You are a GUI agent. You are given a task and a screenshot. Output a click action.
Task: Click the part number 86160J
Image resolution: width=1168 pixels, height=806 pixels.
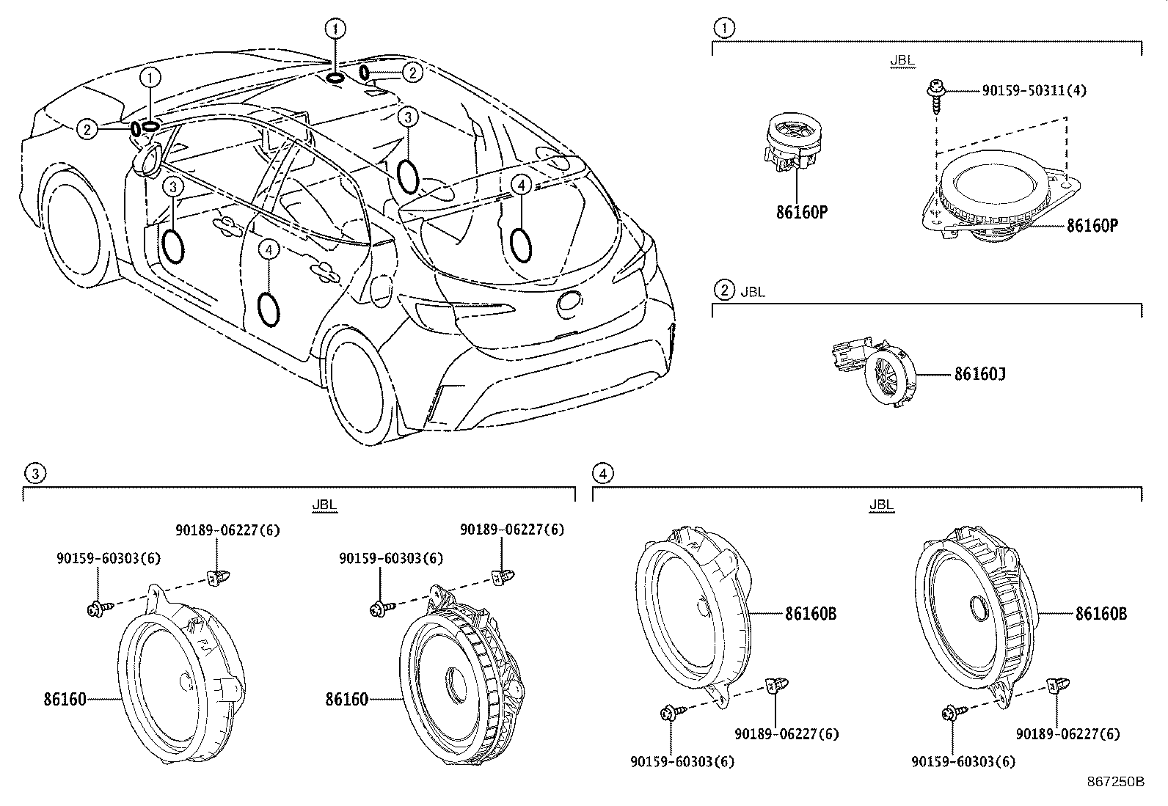[x=979, y=375]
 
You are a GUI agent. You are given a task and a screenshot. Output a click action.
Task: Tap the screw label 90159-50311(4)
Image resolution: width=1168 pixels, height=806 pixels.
[x=1034, y=91]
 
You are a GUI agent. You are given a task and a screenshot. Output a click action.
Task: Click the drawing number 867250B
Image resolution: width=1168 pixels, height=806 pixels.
[x=1115, y=782]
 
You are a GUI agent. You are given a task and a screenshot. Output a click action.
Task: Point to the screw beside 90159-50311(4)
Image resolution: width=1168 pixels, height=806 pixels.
[x=933, y=94]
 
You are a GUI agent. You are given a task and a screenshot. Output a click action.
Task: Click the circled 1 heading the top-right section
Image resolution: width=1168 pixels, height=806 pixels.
[x=724, y=28]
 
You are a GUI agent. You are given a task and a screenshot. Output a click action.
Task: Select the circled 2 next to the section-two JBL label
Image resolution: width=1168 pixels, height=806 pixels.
[x=724, y=290]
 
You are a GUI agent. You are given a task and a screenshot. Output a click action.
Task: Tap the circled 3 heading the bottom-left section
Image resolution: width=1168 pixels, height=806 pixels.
[x=34, y=474]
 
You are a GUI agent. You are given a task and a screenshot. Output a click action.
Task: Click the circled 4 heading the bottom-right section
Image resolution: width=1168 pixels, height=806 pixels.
[x=602, y=474]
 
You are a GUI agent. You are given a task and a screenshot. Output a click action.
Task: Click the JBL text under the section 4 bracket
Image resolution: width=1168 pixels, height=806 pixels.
[x=881, y=505]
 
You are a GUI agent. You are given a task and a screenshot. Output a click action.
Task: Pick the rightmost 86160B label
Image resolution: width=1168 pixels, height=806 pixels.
[x=1101, y=614]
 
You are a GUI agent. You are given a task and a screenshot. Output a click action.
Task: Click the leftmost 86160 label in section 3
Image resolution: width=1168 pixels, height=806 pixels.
[x=65, y=700]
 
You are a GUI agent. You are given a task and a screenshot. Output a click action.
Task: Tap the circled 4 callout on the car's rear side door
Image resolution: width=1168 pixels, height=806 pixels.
[x=269, y=251]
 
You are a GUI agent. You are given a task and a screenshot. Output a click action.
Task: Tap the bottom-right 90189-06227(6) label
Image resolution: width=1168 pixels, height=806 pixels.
[x=1067, y=734]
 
